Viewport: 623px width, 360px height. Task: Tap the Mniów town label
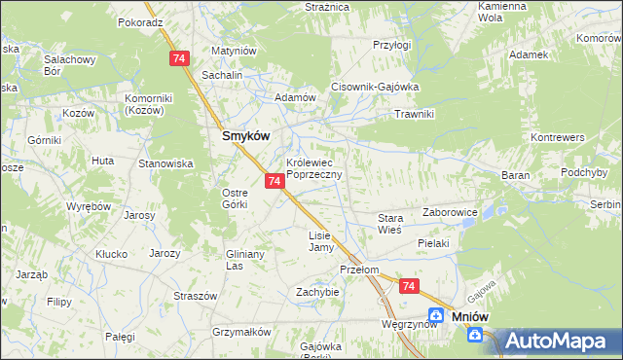pos(469,316)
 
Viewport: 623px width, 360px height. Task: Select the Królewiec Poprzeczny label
pos(313,168)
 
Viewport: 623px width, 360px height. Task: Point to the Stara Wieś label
pos(390,225)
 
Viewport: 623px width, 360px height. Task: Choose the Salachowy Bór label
pos(66,65)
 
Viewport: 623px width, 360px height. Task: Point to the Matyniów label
pos(233,51)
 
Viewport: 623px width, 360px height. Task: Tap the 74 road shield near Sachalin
pos(178,59)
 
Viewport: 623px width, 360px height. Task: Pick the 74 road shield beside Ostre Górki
pos(274,181)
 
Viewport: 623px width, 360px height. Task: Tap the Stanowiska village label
pos(165,163)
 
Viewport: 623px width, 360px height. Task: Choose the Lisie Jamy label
pos(320,241)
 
